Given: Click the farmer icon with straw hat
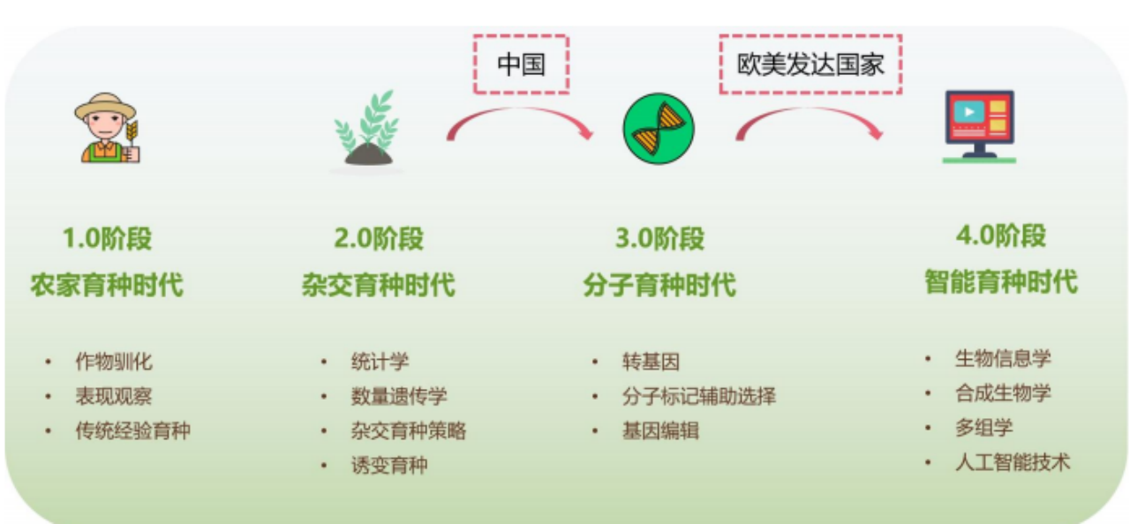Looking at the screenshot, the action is (107, 128).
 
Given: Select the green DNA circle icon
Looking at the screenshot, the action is (659, 129).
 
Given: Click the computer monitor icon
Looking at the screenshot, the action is (979, 126).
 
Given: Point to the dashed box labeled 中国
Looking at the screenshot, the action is (522, 36).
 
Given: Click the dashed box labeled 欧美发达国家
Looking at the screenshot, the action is (810, 36).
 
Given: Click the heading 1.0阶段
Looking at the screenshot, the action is (107, 238).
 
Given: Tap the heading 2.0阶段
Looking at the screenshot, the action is (379, 238).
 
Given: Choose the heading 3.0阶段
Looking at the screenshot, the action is (659, 238).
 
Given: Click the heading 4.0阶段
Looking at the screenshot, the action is (1001, 236).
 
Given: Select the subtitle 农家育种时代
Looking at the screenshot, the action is (107, 285).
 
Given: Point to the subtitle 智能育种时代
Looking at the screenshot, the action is (1001, 281).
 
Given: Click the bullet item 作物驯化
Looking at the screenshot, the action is (114, 362).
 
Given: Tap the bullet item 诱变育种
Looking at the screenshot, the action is (389, 465).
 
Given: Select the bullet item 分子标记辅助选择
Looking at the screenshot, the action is (698, 396).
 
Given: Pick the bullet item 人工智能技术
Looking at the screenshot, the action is (1013, 462).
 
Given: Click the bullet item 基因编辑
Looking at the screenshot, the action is (660, 430).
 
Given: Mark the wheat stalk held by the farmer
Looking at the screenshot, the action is (132, 133).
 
